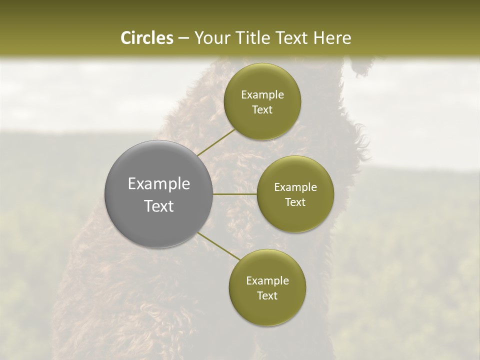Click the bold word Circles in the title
[x=147, y=38]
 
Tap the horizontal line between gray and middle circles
[x=235, y=194]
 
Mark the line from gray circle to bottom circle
[x=218, y=247]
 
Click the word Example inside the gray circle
[x=159, y=184]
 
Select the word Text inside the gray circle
[x=159, y=206]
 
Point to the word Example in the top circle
[x=262, y=95]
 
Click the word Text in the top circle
[x=262, y=110]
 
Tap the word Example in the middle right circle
[x=295, y=187]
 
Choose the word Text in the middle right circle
[x=295, y=202]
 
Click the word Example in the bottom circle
[x=267, y=280]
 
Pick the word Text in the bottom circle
[x=267, y=295]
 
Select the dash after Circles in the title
[x=183, y=38]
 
